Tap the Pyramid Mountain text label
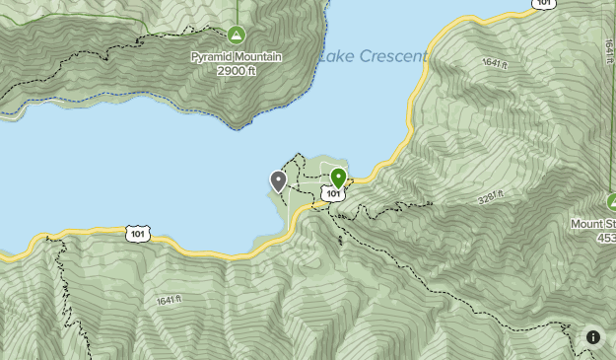point(237,57)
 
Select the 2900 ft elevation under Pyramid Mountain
point(237,71)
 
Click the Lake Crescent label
point(373,56)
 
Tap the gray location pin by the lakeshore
point(278,180)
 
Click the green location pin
point(338,178)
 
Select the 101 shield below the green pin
point(334,194)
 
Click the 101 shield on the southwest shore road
point(137,234)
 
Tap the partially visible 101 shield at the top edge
point(543,4)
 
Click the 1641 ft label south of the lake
point(170,299)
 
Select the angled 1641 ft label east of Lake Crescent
point(495,62)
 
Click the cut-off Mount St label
point(593,224)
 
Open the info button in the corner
point(593,337)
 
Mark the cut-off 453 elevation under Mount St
point(606,238)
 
